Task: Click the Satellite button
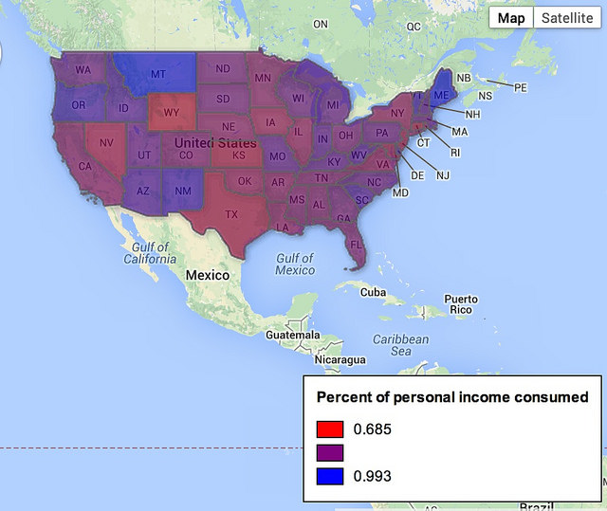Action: click(x=567, y=18)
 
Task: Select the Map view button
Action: click(x=511, y=18)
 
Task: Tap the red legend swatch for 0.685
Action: click(x=329, y=429)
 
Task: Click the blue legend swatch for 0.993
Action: click(x=329, y=475)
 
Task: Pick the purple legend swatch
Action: click(x=329, y=452)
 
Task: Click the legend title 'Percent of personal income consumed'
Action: click(x=451, y=396)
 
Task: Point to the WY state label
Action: click(x=171, y=112)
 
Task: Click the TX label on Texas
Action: click(x=231, y=214)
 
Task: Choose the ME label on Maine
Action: click(x=440, y=96)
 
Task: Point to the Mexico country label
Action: click(x=207, y=275)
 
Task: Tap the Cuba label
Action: click(x=374, y=292)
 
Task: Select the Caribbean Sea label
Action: click(x=400, y=345)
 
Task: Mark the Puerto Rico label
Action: click(x=460, y=304)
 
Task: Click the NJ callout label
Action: click(x=443, y=175)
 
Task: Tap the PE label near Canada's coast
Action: click(x=520, y=87)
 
